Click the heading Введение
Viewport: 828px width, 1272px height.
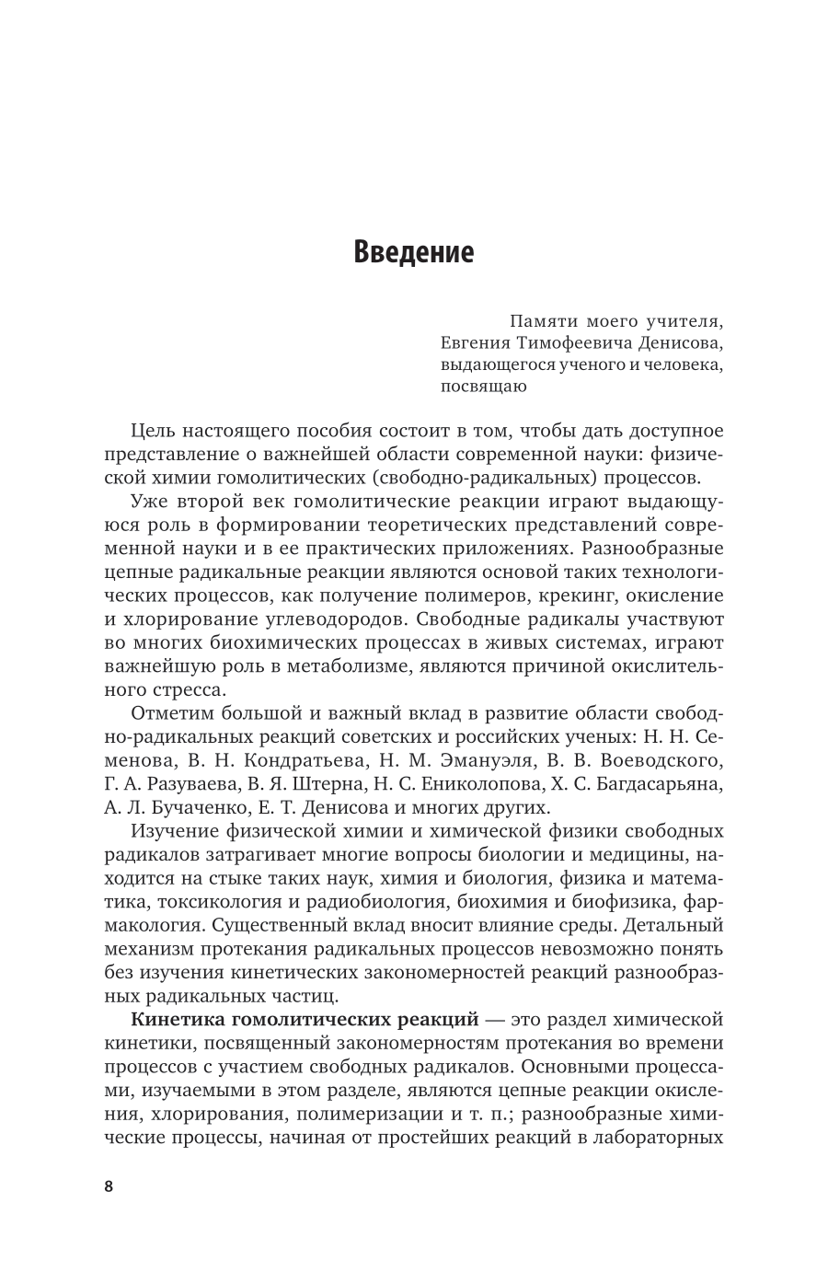pyautogui.click(x=413, y=251)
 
